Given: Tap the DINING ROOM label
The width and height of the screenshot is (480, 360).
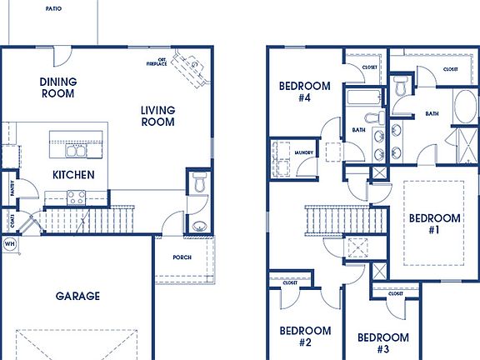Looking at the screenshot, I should pyautogui.click(x=58, y=87).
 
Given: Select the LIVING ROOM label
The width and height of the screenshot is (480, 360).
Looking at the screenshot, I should pyautogui.click(x=157, y=116).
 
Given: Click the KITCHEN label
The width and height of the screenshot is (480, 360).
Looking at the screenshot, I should pyautogui.click(x=73, y=175).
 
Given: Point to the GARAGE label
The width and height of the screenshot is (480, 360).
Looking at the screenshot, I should pyautogui.click(x=78, y=296).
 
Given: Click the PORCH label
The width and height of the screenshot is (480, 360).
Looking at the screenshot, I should pyautogui.click(x=182, y=257).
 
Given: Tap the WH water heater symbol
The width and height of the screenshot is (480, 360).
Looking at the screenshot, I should pyautogui.click(x=10, y=244).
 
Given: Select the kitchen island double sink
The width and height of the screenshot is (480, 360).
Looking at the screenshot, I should pyautogui.click(x=76, y=151).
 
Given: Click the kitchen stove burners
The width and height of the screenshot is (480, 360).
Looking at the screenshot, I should pyautogui.click(x=76, y=197).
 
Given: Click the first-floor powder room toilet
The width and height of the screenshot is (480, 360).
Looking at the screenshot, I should pyautogui.click(x=198, y=182).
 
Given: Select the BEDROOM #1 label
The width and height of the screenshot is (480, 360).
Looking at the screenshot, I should pyautogui.click(x=434, y=224).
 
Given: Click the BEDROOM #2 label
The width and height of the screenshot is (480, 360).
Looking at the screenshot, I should pyautogui.click(x=304, y=336).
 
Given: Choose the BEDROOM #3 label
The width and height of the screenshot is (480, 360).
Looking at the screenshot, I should pyautogui.click(x=383, y=342).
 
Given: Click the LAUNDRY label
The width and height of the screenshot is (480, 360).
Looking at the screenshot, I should pyautogui.click(x=303, y=152).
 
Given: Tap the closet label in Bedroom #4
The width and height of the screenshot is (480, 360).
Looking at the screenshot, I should pyautogui.click(x=371, y=67).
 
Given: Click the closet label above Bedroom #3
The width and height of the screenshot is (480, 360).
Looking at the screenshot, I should pyautogui.click(x=395, y=294).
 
